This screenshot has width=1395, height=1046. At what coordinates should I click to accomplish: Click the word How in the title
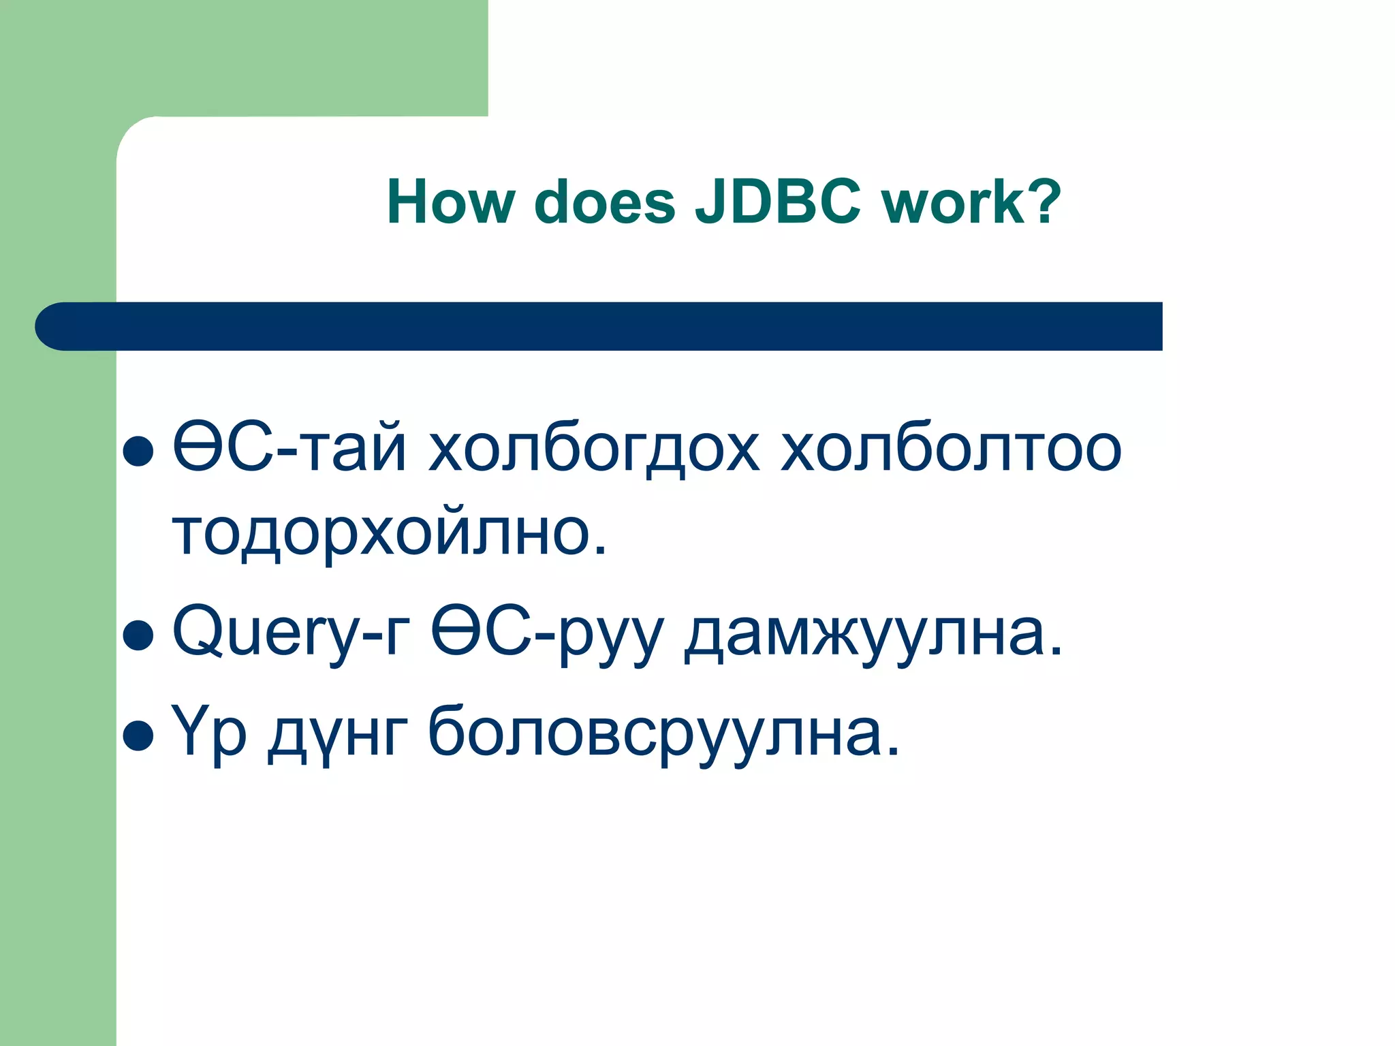[450, 202]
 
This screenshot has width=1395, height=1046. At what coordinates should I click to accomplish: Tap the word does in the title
[605, 202]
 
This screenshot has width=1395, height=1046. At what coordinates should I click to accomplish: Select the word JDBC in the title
[778, 202]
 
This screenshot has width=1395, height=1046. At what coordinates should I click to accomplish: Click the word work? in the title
[971, 202]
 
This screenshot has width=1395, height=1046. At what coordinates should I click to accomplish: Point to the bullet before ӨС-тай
[138, 451]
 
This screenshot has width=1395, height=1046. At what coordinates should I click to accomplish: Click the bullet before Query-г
[138, 635]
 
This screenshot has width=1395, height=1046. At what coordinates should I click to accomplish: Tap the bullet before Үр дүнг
[138, 735]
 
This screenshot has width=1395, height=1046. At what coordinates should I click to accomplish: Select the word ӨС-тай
[289, 448]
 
